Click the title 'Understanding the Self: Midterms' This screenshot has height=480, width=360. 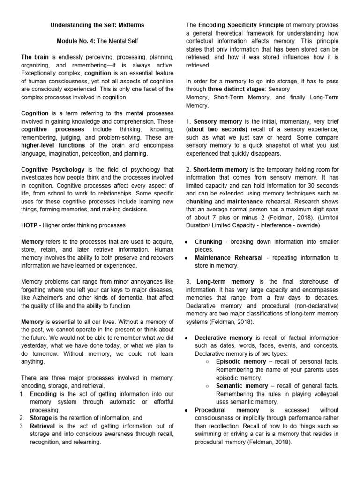tap(97, 25)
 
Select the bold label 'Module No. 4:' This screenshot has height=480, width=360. tap(76, 41)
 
